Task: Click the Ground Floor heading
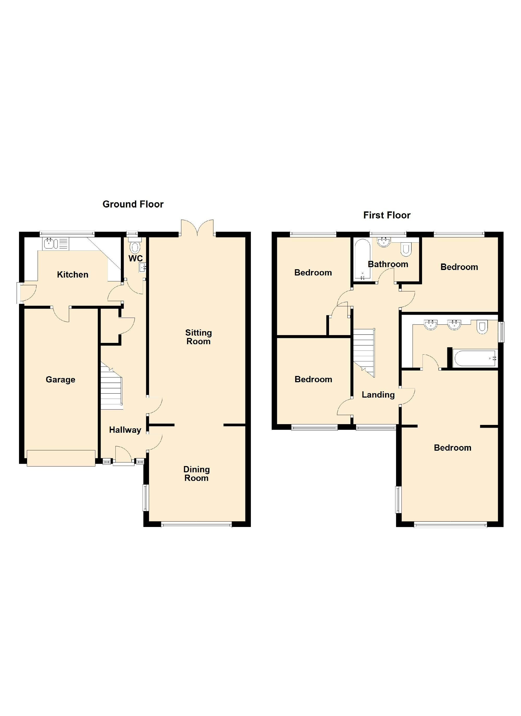(133, 204)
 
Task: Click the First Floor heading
(387, 215)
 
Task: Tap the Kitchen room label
(73, 275)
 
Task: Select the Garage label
(60, 379)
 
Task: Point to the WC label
(135, 258)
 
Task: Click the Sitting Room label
(199, 337)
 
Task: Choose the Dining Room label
(196, 474)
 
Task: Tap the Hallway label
(125, 430)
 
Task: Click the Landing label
(378, 395)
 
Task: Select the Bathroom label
(388, 264)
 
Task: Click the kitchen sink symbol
(51, 243)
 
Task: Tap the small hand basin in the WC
(142, 268)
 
